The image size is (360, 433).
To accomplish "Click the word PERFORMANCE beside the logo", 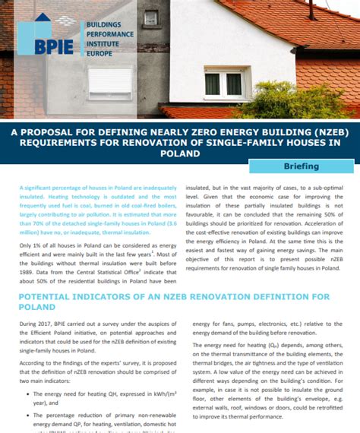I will [x=109, y=34].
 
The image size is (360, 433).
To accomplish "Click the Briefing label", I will [x=302, y=166].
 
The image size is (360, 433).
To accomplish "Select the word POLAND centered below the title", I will [x=179, y=152].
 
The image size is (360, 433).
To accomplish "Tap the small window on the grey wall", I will [x=150, y=17].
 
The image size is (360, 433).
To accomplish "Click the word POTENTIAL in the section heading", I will [x=50, y=296].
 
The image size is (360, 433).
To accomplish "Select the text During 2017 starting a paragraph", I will [x=36, y=325].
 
